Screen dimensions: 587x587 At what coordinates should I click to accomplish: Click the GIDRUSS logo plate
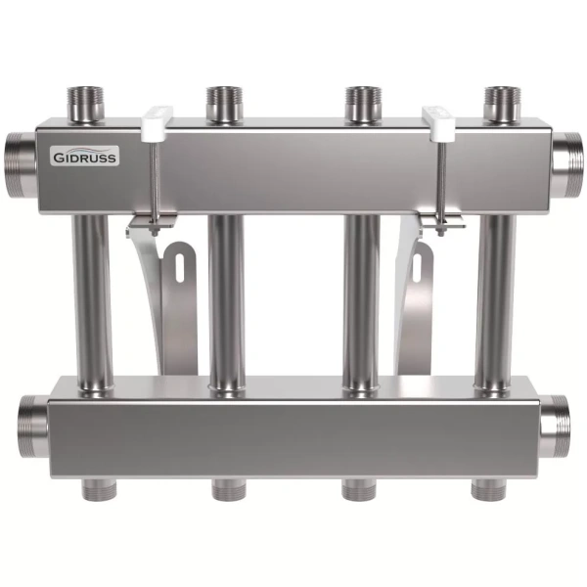pyautogui.click(x=85, y=156)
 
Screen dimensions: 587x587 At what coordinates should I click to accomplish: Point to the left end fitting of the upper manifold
pyautogui.click(x=21, y=165)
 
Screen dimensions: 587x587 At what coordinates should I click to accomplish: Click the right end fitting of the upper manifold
pyautogui.click(x=567, y=165)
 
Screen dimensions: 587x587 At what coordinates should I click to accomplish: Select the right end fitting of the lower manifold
pyautogui.click(x=554, y=427)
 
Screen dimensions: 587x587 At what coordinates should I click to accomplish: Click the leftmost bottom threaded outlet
pyautogui.click(x=98, y=490)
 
